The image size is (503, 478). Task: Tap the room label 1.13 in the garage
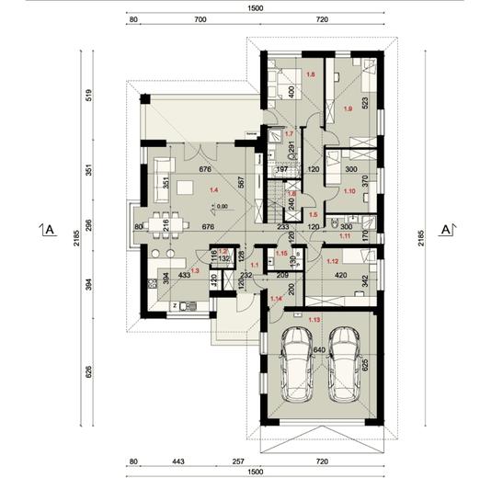[x=316, y=319]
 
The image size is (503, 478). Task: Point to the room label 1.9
[x=348, y=108]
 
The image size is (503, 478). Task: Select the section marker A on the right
[x=445, y=228]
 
